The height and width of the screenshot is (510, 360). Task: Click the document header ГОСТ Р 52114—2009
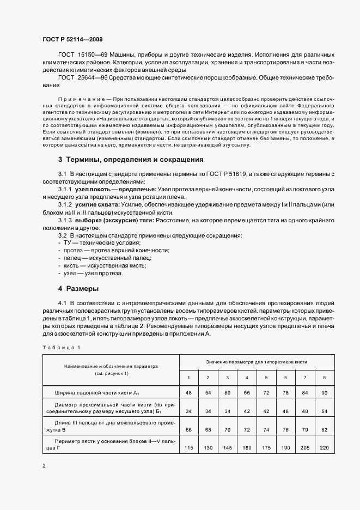point(72,40)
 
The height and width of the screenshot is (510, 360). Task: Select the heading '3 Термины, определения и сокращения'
point(131,160)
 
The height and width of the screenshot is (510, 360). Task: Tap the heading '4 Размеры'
point(78,288)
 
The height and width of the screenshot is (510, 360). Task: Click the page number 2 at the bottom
point(44,466)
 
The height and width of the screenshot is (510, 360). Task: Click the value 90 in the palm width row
point(324,392)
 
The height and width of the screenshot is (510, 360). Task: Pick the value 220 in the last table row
point(324,448)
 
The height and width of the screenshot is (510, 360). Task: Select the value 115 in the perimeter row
point(189,448)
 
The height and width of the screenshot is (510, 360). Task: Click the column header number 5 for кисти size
point(266,378)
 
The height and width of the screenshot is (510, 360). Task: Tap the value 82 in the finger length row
point(324,429)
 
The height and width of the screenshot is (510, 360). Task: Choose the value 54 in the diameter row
point(324,411)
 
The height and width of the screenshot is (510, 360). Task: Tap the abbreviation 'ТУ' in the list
point(68,242)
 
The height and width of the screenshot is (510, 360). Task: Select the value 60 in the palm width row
point(227,392)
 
